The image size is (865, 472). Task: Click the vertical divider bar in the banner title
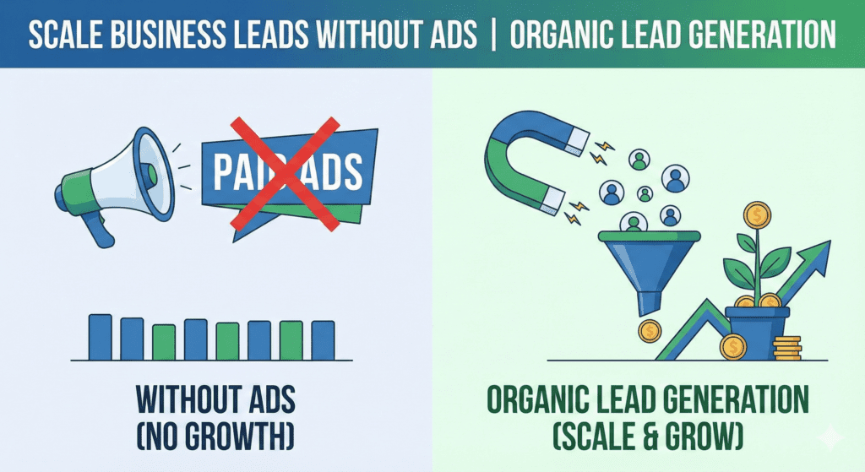pyautogui.click(x=492, y=34)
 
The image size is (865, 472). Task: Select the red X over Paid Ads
pyautogui.click(x=285, y=173)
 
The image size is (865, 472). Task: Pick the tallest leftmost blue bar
pyautogui.click(x=101, y=337)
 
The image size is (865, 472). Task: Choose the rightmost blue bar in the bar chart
pyautogui.click(x=323, y=340)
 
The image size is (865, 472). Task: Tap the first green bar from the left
pyautogui.click(x=164, y=342)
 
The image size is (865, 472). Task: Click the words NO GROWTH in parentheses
pyautogui.click(x=215, y=437)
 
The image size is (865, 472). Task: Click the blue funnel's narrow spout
pyautogui.click(x=649, y=304)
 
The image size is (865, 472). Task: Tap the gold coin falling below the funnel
pyautogui.click(x=650, y=331)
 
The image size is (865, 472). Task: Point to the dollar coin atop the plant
pyautogui.click(x=758, y=215)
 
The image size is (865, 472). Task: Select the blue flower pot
pyautogui.click(x=757, y=333)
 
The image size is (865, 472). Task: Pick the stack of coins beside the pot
pyautogui.click(x=786, y=349)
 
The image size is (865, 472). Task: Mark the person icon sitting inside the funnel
pyautogui.click(x=634, y=223)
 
